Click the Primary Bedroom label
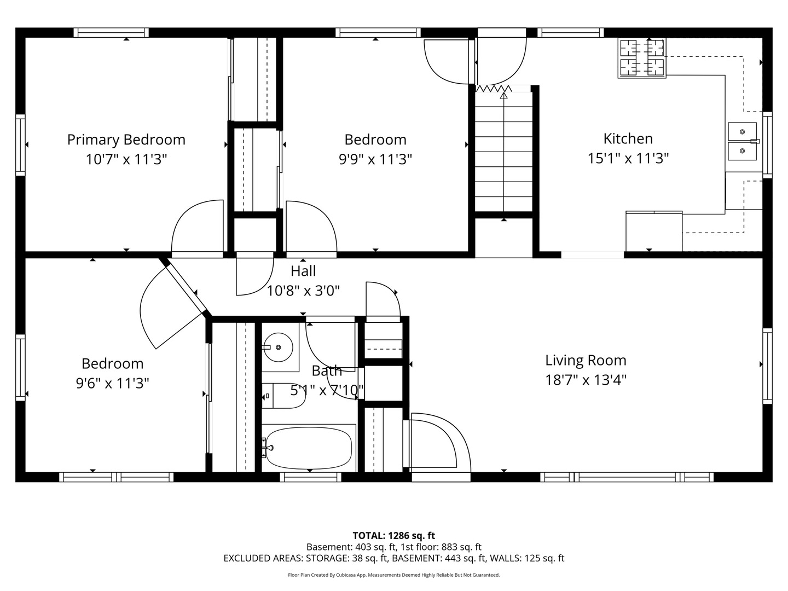[126, 140]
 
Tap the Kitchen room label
[628, 138]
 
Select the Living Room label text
[586, 360]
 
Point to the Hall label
[303, 271]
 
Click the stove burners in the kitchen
[642, 58]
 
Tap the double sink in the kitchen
[742, 141]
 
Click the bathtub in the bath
[309, 448]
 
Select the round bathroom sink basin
[278, 347]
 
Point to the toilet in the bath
[283, 396]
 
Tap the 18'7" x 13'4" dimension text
[586, 380]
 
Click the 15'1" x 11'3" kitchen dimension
[628, 158]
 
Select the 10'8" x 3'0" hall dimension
[303, 291]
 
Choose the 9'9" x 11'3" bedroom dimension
[375, 159]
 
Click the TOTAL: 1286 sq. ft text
[394, 535]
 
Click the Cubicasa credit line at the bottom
[394, 575]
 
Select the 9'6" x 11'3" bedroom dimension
[112, 383]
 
